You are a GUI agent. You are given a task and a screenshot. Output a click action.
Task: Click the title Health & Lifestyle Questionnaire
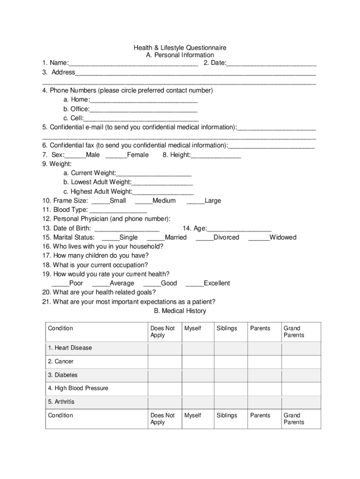180,48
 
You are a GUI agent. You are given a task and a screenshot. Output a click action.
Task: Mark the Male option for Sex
75,155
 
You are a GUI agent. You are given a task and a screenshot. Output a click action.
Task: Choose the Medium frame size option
144,201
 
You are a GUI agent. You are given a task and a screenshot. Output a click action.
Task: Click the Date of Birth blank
127,229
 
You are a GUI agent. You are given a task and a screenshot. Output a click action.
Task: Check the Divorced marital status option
204,238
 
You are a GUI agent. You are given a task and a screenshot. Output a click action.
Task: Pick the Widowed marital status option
259,238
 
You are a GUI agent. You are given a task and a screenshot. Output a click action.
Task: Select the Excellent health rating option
194,283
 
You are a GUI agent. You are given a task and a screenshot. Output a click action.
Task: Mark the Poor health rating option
60,283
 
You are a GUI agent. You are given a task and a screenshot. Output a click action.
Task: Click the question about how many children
95,256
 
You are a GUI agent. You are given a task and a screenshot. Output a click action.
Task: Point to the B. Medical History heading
180,311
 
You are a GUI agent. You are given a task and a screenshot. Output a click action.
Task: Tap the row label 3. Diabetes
62,375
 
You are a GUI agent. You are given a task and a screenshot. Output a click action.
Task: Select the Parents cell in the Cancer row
264,362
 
